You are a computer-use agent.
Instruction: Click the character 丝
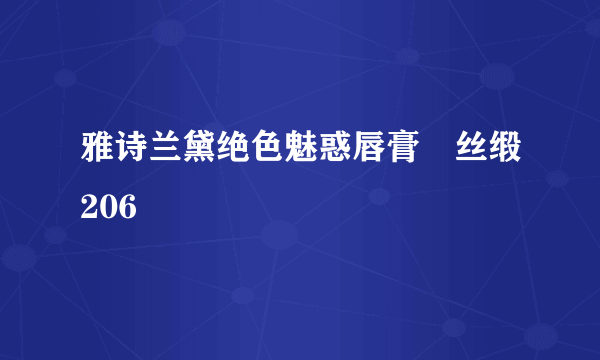click(474, 159)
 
